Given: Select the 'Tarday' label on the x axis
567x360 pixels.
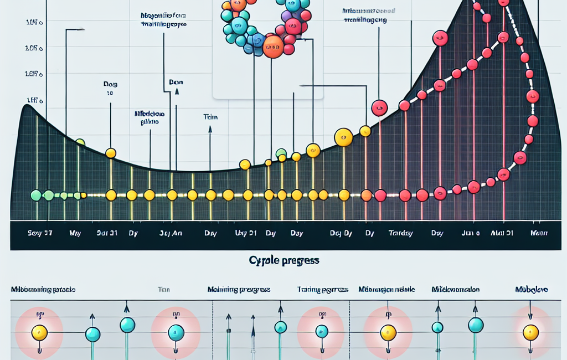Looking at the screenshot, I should [400, 233].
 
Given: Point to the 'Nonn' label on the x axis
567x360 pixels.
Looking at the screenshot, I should [539, 233].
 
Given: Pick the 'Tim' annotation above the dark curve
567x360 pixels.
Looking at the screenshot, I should [210, 117].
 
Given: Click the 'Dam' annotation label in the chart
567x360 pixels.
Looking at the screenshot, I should [176, 82].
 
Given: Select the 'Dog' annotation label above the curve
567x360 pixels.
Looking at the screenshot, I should [110, 84].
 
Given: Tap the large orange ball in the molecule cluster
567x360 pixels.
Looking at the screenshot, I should [273, 47].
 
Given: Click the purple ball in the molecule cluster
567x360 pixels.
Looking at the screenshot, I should [286, 17].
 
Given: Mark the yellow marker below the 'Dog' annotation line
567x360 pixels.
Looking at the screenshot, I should [111, 153].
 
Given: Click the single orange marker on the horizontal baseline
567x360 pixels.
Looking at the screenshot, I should [366, 195].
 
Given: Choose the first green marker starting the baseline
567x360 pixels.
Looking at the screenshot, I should [36, 195].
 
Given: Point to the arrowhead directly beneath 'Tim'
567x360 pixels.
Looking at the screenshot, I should [210, 129].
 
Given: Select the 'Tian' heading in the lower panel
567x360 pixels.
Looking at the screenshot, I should [164, 290].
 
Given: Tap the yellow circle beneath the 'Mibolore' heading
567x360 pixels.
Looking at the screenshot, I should [530, 332].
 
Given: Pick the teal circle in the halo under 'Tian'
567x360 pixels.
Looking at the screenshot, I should [176, 332].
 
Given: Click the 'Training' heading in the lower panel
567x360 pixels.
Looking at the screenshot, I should [322, 290].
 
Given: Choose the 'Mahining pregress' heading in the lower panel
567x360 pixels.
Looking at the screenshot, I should [239, 290].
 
